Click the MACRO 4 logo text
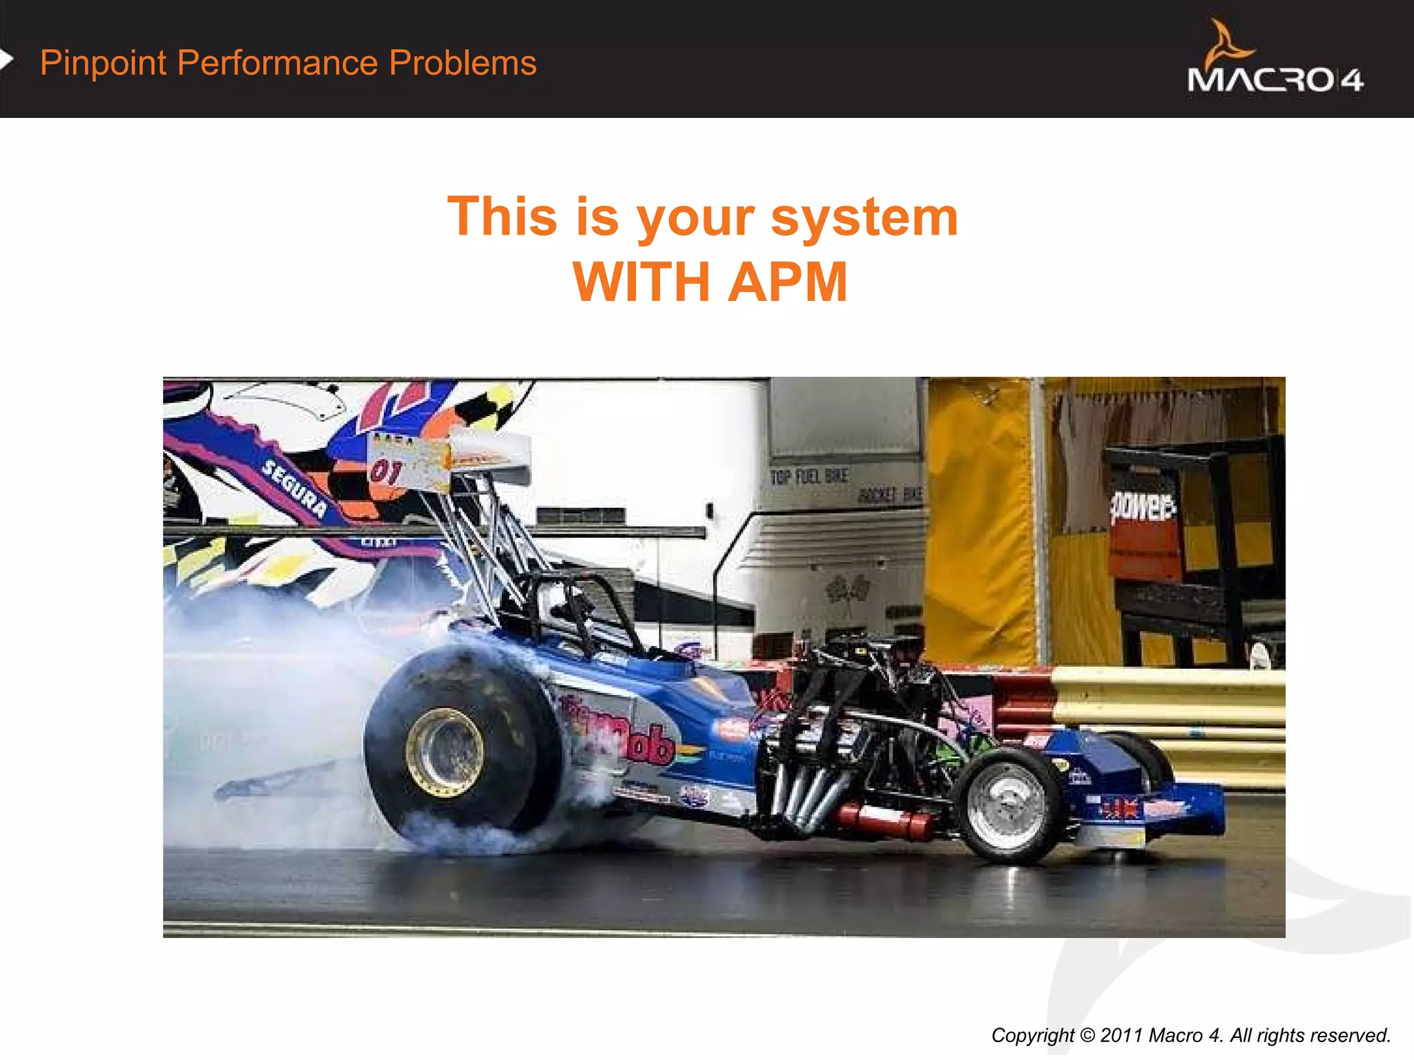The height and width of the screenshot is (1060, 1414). tap(1275, 80)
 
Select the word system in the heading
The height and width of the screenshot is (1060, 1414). tap(864, 217)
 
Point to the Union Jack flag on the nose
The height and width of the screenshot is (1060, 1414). tap(1119, 807)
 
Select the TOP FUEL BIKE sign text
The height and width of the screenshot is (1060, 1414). tap(808, 476)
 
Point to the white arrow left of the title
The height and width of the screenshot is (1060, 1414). tap(6, 59)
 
